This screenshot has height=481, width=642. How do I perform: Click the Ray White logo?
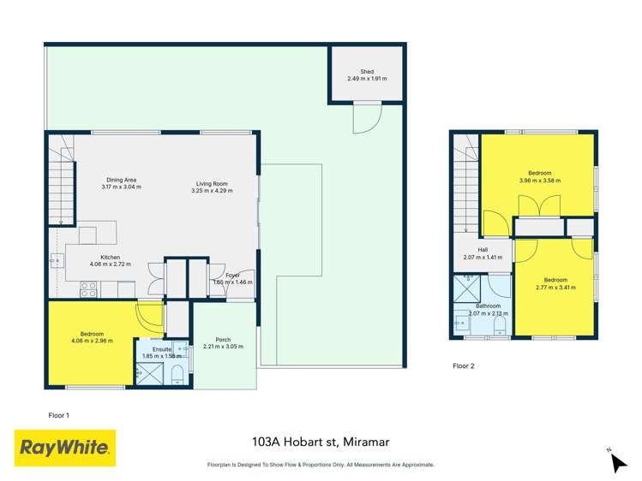[65, 448]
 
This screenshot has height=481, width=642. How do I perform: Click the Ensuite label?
[163, 350]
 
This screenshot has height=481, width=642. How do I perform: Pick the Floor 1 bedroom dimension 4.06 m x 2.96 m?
[93, 340]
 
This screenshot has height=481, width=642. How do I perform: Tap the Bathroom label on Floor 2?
[489, 306]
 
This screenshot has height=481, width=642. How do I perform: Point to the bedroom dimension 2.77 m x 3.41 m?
[555, 288]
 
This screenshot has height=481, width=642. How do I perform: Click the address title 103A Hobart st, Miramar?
[321, 442]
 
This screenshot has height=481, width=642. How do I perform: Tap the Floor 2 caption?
[463, 365]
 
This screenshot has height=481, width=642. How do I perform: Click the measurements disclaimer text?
[321, 465]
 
